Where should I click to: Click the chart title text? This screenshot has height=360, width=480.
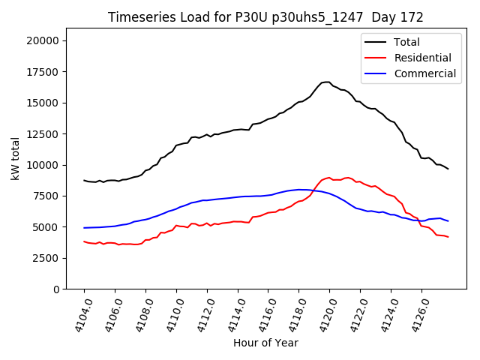pyautogui.click(x=265, y=17)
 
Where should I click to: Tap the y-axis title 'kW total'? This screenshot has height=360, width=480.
pyautogui.click(x=16, y=159)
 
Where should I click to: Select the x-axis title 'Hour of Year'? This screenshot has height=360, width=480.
pyautogui.click(x=265, y=343)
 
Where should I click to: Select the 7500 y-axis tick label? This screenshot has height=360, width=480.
pyautogui.click(x=48, y=196)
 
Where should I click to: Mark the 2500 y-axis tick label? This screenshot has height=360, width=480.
pyautogui.click(x=48, y=258)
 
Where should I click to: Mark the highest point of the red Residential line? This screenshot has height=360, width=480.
pyautogui.click(x=328, y=178)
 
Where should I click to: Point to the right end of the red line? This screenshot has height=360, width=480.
pyautogui.click(x=448, y=237)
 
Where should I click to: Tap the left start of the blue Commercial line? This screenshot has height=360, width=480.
pyautogui.click(x=84, y=228)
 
